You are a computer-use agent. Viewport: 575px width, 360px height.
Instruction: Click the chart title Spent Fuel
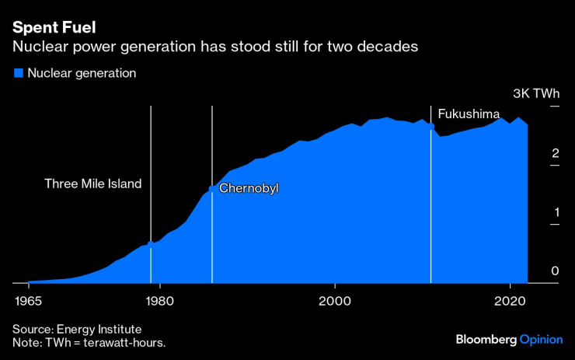pos(54,28)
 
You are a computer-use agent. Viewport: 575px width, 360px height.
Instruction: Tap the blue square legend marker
pos(18,73)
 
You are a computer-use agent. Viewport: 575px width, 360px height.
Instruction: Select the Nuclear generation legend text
pos(82,73)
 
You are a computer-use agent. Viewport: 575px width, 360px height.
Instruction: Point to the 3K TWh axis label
pos(536,93)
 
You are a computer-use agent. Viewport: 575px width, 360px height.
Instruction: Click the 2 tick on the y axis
pos(555,153)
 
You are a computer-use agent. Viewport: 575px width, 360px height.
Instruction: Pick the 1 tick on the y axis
pos(555,211)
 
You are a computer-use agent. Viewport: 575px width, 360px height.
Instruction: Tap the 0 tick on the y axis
pos(555,271)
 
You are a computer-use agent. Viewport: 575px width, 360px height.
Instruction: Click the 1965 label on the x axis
pos(28,300)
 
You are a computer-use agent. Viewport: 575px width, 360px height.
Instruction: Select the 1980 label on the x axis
pos(159,300)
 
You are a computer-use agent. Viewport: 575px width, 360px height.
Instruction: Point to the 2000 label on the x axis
pos(335,300)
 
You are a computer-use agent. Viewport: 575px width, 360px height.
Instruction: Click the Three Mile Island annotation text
pos(93,184)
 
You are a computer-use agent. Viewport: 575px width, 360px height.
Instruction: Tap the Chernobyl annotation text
pos(249,188)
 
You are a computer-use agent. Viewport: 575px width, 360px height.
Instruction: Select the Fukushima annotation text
pos(469,114)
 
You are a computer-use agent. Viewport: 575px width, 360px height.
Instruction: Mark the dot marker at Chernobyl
pos(212,189)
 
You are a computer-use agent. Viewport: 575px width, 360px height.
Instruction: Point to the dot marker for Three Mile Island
pos(151,244)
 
